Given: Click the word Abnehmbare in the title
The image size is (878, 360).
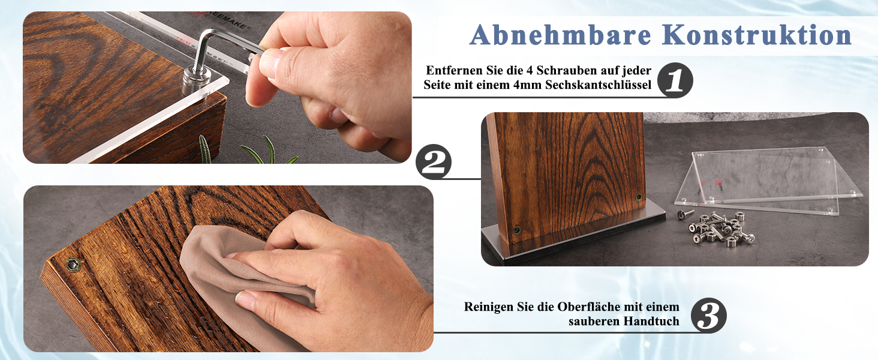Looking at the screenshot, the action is coord(561,35).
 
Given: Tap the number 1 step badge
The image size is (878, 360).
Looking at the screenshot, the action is coord(675,80).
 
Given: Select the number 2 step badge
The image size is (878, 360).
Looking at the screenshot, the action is coord(434,162).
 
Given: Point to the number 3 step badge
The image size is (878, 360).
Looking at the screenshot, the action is coord(709,315).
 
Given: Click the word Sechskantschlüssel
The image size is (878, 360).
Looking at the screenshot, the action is coord(598,85).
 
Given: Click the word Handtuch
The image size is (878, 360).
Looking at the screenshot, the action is coord(651,321).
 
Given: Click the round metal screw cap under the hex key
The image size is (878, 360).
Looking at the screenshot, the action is coord(195,80).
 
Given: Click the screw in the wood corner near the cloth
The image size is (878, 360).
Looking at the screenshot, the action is coord(73,265).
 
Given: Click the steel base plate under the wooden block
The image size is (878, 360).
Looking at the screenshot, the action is coord(572,233).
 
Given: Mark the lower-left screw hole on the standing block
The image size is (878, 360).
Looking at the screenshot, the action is coord(517,230).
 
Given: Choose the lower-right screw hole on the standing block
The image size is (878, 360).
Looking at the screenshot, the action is coord(639,197).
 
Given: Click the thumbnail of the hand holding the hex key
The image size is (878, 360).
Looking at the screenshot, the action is coord(217,88).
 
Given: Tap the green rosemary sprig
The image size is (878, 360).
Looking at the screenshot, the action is coord(251,151).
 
